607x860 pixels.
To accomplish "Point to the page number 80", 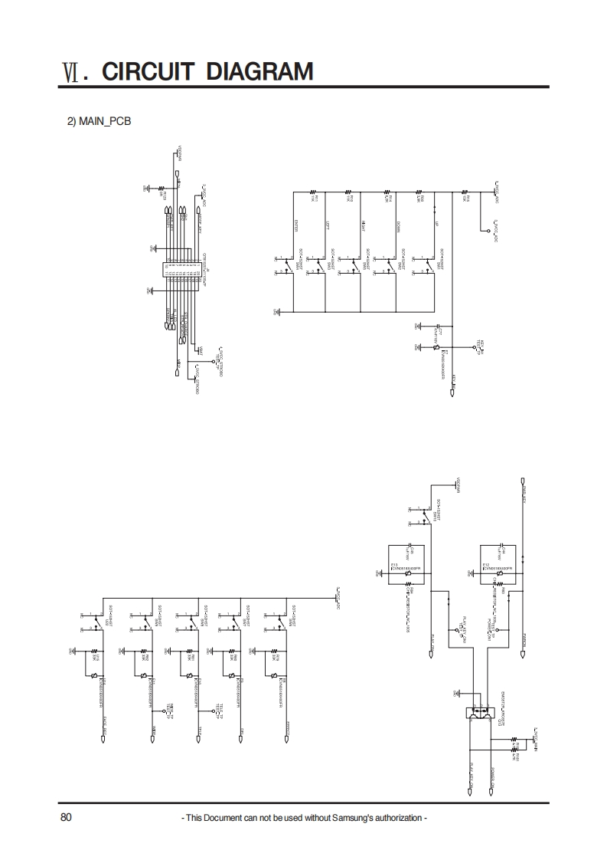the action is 66,817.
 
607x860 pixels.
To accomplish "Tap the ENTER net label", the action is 295,225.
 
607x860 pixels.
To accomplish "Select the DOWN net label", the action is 399,225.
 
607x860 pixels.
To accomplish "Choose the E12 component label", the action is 487,565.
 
